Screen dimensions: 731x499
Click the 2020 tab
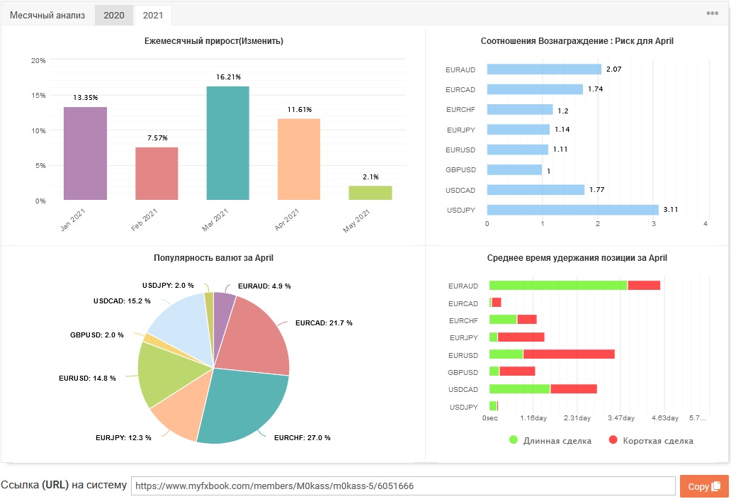(x=114, y=16)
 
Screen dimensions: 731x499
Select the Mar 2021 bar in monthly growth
(x=228, y=143)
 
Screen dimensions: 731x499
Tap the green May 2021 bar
(x=370, y=193)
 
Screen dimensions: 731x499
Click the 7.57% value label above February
(x=157, y=138)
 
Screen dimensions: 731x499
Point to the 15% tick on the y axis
(x=38, y=96)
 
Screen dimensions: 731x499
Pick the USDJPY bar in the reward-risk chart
(x=573, y=210)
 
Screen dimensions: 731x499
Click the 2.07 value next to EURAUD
(x=613, y=69)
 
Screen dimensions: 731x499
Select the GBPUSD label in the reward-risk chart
(x=460, y=169)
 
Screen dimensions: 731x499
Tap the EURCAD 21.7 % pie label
(x=324, y=323)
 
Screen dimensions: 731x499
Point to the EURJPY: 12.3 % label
(x=123, y=438)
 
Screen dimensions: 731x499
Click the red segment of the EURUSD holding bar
(x=569, y=354)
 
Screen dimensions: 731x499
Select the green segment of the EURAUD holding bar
(x=558, y=285)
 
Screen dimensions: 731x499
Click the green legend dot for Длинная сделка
(x=514, y=439)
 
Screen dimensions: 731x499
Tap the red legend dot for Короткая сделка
(x=613, y=439)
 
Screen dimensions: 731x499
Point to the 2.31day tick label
(x=577, y=418)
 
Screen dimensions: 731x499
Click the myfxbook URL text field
(x=403, y=486)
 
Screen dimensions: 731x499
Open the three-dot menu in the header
(x=713, y=13)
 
